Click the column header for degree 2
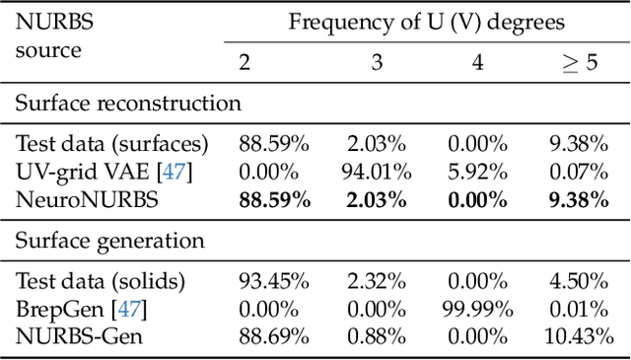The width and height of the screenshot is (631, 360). click(x=245, y=62)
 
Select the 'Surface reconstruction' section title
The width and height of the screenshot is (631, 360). click(x=128, y=104)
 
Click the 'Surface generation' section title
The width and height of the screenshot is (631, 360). click(x=109, y=241)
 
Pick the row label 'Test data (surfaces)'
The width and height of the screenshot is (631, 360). click(x=112, y=143)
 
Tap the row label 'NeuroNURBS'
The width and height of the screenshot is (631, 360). click(x=75, y=198)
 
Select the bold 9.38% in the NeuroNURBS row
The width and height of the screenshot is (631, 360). click(x=582, y=198)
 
